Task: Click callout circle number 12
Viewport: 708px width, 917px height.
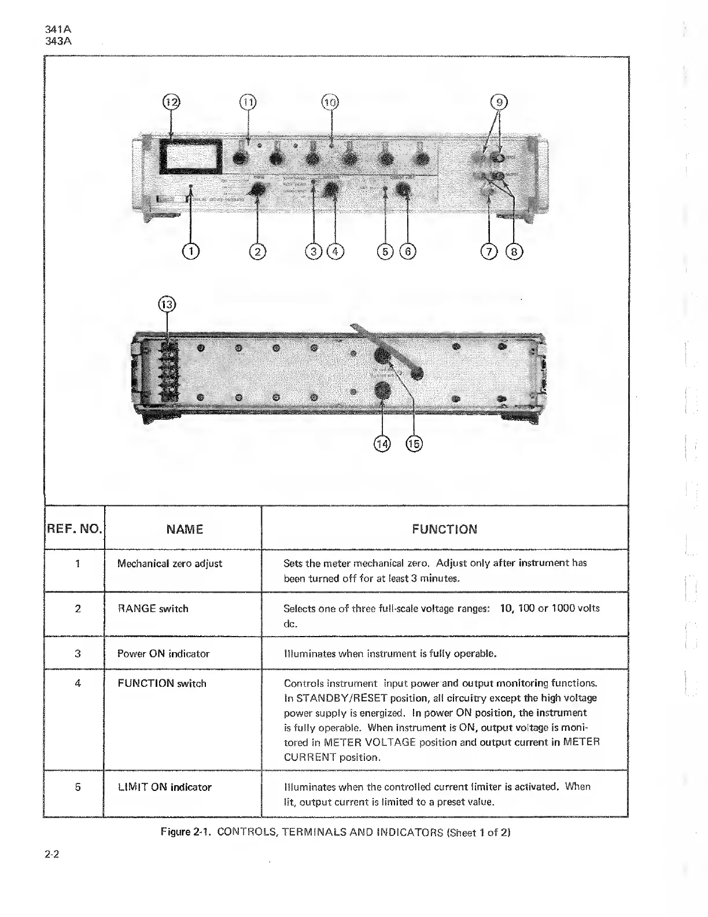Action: [x=171, y=102]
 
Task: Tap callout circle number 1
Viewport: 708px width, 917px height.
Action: [x=190, y=251]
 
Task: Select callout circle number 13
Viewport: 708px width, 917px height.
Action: [x=167, y=304]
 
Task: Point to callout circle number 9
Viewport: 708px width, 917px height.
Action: [x=499, y=102]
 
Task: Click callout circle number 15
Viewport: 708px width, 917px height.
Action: [x=414, y=443]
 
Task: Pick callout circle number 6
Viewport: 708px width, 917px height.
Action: [x=407, y=251]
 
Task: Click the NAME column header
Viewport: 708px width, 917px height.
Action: [x=185, y=529]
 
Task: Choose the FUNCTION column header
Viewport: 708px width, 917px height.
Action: [x=444, y=529]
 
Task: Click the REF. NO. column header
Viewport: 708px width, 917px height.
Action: [x=74, y=529]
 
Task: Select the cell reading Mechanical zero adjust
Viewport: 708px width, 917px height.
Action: [x=169, y=563]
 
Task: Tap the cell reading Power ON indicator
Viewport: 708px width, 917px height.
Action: [x=163, y=653]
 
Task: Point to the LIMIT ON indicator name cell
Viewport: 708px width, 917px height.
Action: [x=164, y=787]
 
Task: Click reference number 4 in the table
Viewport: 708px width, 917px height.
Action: [x=78, y=683]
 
